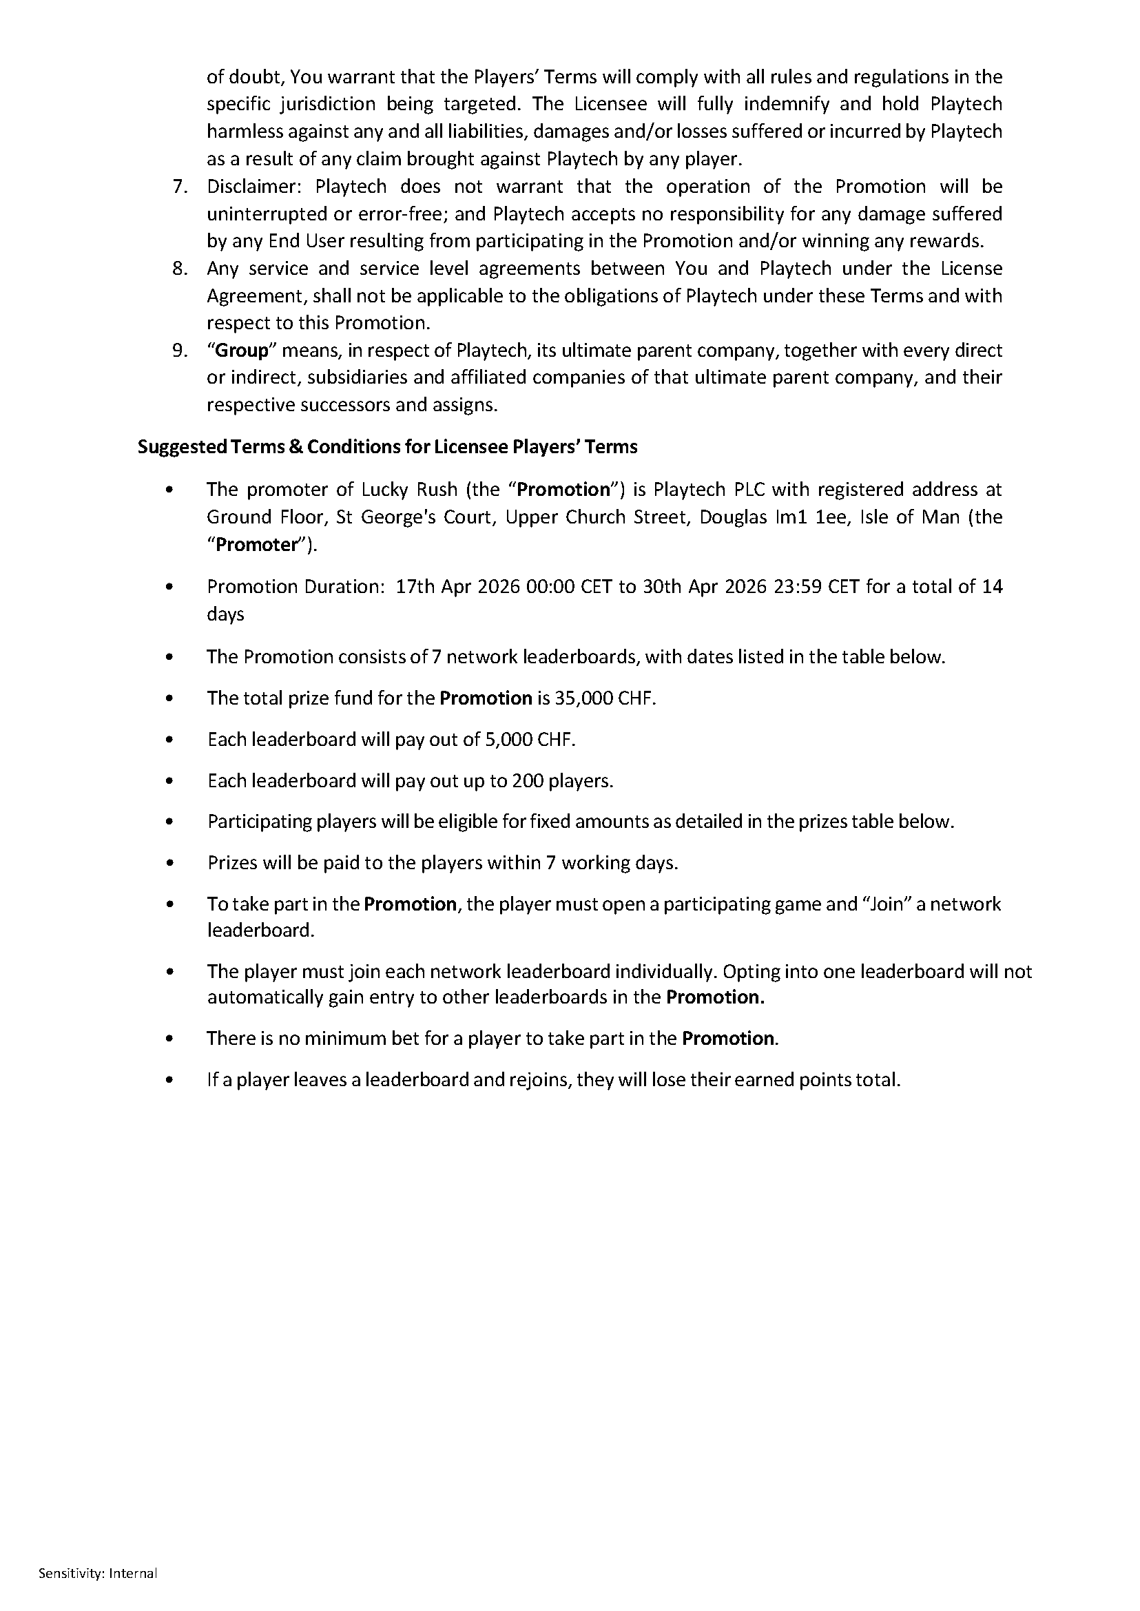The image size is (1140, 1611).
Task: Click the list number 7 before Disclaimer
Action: click(180, 187)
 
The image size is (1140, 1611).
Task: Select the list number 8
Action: click(180, 269)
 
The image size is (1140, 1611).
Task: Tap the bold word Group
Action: click(242, 351)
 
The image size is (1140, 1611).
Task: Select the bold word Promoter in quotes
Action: click(256, 545)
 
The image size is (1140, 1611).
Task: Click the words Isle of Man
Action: click(910, 517)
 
